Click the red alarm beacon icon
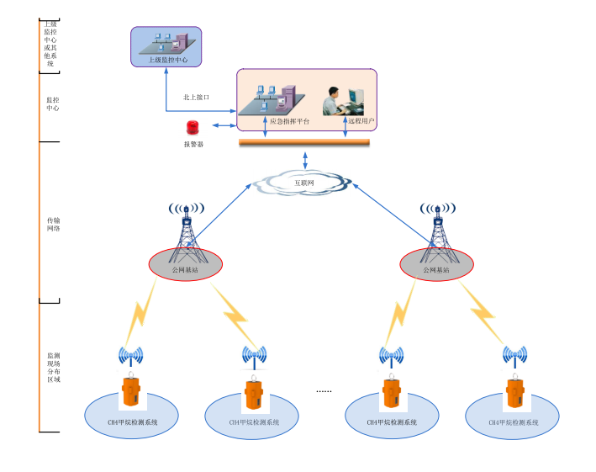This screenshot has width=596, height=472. point(193,128)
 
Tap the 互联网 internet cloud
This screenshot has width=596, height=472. point(303,182)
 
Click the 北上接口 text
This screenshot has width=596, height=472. point(196,98)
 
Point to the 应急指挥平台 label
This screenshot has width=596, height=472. point(289,122)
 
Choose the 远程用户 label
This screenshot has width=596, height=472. point(361,122)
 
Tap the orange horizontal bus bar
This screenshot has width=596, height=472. point(304,141)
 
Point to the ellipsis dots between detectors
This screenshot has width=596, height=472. point(324,391)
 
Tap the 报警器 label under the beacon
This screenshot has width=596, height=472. point(193,145)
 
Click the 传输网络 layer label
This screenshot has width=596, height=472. point(53,224)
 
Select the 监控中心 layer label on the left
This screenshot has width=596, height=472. point(52,103)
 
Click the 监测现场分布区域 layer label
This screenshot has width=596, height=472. point(53,368)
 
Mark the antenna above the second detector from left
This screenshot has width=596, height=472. point(254,357)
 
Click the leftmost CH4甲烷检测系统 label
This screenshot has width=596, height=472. point(133,422)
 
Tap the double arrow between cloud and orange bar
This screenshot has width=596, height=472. point(304,160)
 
